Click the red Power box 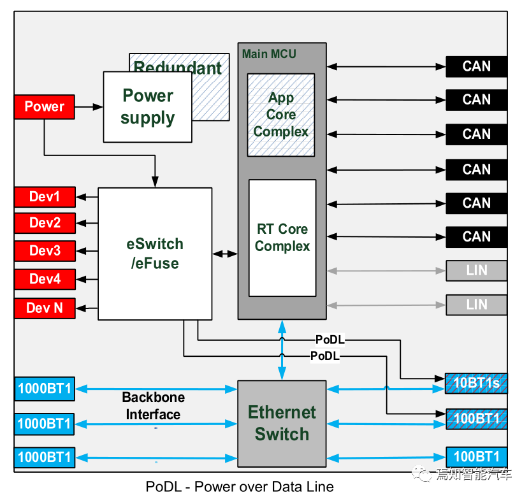click(44, 106)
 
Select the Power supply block click(147, 106)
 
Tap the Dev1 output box click(45, 197)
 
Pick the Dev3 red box click(45, 251)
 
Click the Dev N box click(45, 308)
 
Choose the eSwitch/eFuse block click(155, 254)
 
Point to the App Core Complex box click(281, 115)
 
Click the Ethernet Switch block click(282, 423)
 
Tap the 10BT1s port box click(476, 383)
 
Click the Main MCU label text click(269, 54)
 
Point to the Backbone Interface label click(154, 406)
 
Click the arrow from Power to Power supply click(89, 107)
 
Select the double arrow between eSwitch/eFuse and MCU click(224, 254)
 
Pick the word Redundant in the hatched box click(178, 68)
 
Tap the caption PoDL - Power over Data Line click(240, 487)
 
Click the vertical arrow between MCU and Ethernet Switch click(282, 350)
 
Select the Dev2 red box click(45, 223)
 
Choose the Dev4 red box click(45, 279)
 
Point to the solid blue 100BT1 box click(476, 457)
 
